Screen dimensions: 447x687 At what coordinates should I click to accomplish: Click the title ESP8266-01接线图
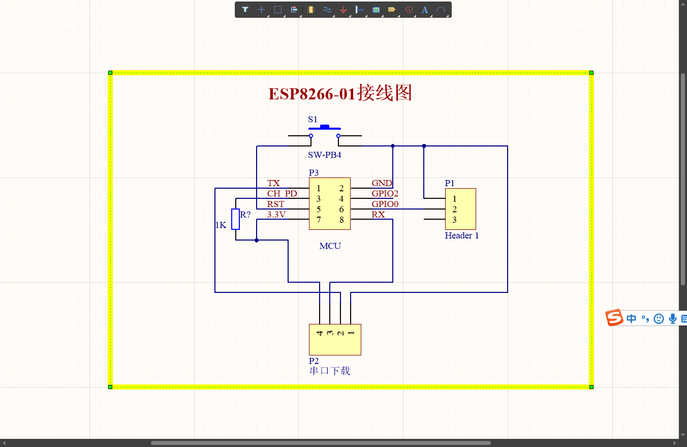[340, 94]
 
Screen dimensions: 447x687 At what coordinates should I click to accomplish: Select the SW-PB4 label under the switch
[324, 155]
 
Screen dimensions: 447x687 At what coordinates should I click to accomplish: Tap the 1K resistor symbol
[235, 219]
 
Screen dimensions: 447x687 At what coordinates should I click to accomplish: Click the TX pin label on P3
[273, 183]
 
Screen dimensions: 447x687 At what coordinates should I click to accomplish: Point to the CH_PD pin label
[282, 194]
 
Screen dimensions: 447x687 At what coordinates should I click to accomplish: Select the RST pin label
[276, 204]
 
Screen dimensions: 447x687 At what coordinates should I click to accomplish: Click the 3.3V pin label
[276, 215]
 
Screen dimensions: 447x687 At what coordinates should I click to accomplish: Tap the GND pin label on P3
[382, 183]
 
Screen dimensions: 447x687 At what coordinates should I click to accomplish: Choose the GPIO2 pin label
[385, 194]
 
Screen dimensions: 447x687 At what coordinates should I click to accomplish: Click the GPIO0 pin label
[385, 204]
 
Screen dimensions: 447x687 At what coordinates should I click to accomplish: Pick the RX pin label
[378, 215]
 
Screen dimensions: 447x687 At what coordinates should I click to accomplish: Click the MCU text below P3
[330, 246]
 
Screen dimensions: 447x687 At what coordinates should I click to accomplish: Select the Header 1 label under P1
[461, 235]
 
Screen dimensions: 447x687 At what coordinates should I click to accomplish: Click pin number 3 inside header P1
[454, 220]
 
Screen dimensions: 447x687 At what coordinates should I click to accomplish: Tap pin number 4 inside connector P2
[320, 334]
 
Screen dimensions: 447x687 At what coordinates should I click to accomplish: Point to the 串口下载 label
[330, 371]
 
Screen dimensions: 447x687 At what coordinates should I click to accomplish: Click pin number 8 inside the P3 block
[341, 220]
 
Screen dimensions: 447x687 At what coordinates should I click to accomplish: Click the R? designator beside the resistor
[245, 215]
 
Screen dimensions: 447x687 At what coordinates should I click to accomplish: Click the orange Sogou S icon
[614, 318]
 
